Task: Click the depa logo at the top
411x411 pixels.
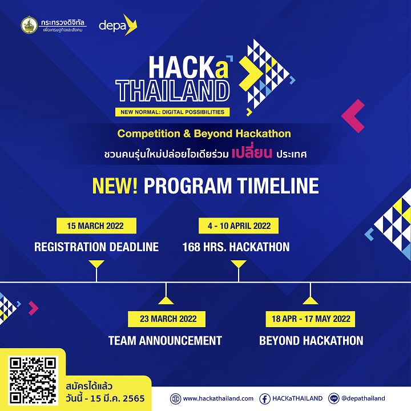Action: [x=118, y=25]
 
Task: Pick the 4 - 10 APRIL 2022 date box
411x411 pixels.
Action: [x=238, y=225]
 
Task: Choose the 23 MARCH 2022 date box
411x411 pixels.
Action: [x=165, y=319]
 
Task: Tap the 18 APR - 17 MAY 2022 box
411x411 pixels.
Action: [x=311, y=319]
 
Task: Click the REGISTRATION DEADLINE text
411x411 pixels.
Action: [x=96, y=247]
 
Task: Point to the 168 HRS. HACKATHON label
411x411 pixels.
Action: [x=236, y=247]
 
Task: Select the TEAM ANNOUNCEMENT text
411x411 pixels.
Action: [x=165, y=341]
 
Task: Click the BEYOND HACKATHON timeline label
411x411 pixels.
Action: [x=311, y=341]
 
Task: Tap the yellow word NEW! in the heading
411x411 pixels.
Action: [x=115, y=186]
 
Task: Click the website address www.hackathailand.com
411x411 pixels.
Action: [x=218, y=398]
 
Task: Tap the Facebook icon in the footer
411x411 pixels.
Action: [x=265, y=398]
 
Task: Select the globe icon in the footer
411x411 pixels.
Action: [x=175, y=398]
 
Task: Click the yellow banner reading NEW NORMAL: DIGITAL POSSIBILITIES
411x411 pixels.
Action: [x=172, y=112]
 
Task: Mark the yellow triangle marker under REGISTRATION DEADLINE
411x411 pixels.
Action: [x=96, y=264]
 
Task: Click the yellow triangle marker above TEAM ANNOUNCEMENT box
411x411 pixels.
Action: [x=165, y=299]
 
